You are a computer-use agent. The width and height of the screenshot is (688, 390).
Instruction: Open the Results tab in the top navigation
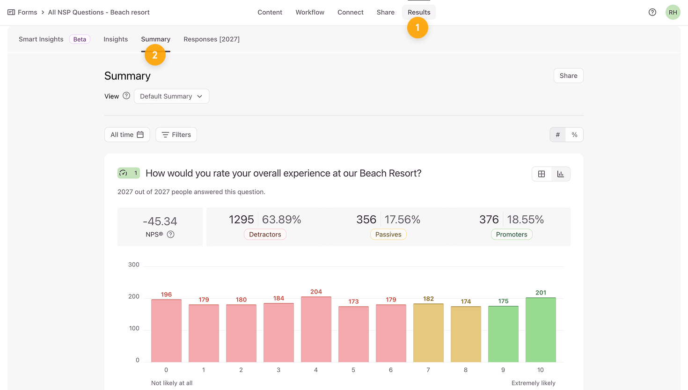(x=419, y=12)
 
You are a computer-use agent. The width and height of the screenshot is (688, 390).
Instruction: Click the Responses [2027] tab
(x=212, y=39)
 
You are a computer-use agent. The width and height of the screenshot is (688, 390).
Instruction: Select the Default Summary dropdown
(x=171, y=96)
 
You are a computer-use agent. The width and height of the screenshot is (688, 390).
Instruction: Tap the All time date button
(x=127, y=135)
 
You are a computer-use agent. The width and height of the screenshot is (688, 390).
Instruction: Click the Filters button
(x=176, y=135)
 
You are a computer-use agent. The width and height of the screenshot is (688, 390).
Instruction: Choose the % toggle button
(x=574, y=135)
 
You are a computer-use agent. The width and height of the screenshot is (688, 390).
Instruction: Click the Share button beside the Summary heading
(x=568, y=76)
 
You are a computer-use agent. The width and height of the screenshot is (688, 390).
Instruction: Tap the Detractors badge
(x=265, y=235)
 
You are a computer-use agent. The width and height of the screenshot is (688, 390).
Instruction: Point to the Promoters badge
(x=512, y=235)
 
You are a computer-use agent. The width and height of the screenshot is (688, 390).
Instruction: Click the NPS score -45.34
(x=160, y=221)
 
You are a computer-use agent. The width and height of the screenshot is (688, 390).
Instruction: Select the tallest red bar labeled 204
(x=316, y=329)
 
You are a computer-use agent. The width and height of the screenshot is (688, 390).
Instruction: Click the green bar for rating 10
(x=541, y=330)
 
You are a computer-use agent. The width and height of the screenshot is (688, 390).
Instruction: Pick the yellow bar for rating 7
(x=428, y=333)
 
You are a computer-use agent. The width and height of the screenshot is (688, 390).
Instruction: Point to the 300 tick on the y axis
(x=134, y=265)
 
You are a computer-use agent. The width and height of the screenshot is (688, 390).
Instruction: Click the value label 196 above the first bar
(x=166, y=294)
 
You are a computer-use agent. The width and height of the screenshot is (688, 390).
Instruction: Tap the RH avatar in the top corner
(x=673, y=12)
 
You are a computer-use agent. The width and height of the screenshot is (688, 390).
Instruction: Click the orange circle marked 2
(x=155, y=55)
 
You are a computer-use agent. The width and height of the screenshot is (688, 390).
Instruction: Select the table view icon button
(x=542, y=174)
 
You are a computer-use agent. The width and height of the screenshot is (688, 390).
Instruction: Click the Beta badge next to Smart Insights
(x=80, y=39)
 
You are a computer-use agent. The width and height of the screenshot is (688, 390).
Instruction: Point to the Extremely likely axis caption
(x=533, y=383)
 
